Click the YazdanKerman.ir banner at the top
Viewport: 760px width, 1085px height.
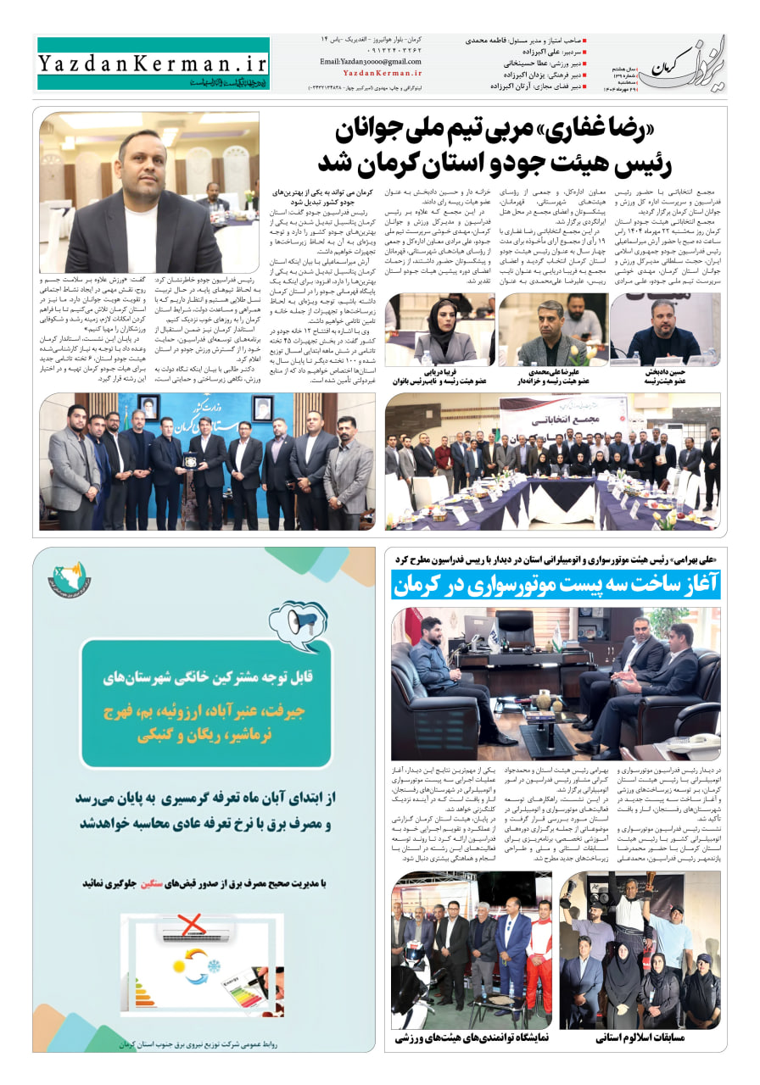153,62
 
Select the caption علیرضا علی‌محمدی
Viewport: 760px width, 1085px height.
553,372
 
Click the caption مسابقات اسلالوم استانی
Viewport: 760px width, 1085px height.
641,1037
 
